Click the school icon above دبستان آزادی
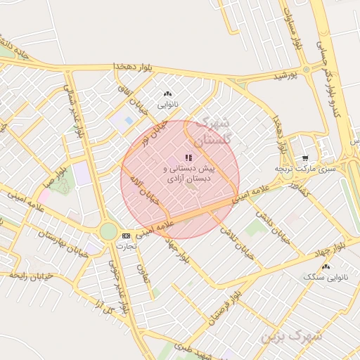pyautogui.click(x=188, y=157)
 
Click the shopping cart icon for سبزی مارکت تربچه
pyautogui.click(x=304, y=158)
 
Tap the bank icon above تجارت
pyautogui.click(x=126, y=236)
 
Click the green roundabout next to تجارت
pyautogui.click(x=108, y=231)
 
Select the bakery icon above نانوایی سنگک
pyautogui.click(x=325, y=266)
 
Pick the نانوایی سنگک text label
pyautogui.click(x=325, y=278)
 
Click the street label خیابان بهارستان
pyautogui.click(x=60, y=243)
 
